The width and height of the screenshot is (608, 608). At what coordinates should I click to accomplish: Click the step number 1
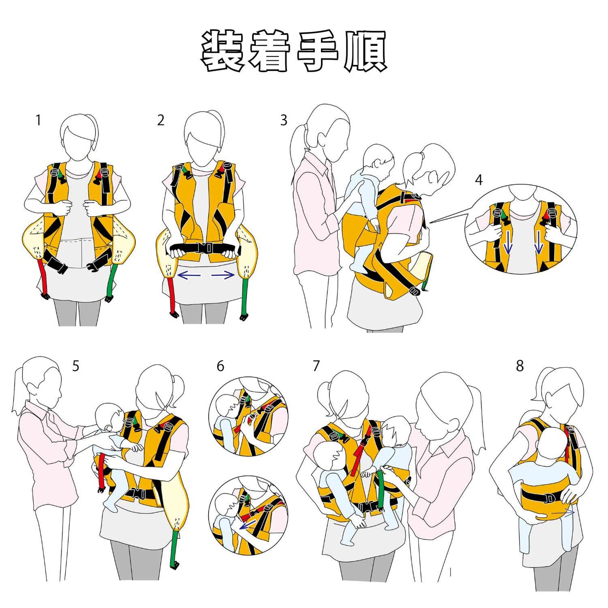(38, 120)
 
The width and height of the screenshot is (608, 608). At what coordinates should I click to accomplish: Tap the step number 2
(161, 120)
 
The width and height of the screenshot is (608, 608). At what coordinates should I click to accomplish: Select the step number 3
(284, 120)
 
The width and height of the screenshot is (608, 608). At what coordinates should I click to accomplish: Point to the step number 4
(479, 180)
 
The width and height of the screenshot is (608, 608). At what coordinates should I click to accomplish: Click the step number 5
(76, 366)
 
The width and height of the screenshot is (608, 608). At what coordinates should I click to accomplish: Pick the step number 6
(220, 366)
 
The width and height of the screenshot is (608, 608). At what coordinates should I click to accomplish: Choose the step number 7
(316, 366)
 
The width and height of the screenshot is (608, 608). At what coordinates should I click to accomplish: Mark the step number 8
(520, 366)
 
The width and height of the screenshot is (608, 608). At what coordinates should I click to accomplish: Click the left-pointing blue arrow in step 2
(189, 276)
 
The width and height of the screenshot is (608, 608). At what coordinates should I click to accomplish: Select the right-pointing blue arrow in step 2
(223, 276)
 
